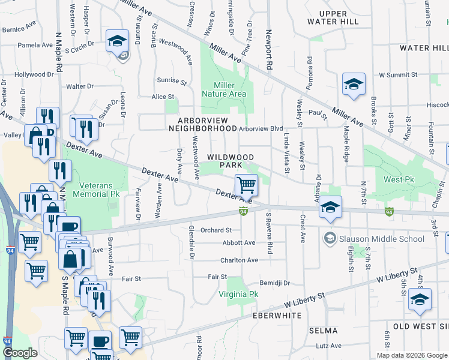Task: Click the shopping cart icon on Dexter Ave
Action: (246, 185)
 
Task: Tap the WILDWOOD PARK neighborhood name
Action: (231, 160)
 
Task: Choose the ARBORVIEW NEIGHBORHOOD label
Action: (203, 124)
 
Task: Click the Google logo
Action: (20, 353)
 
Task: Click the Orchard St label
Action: (216, 230)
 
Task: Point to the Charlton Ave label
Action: (239, 260)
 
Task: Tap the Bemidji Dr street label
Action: (275, 283)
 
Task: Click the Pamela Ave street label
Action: (35, 45)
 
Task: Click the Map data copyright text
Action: (412, 355)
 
